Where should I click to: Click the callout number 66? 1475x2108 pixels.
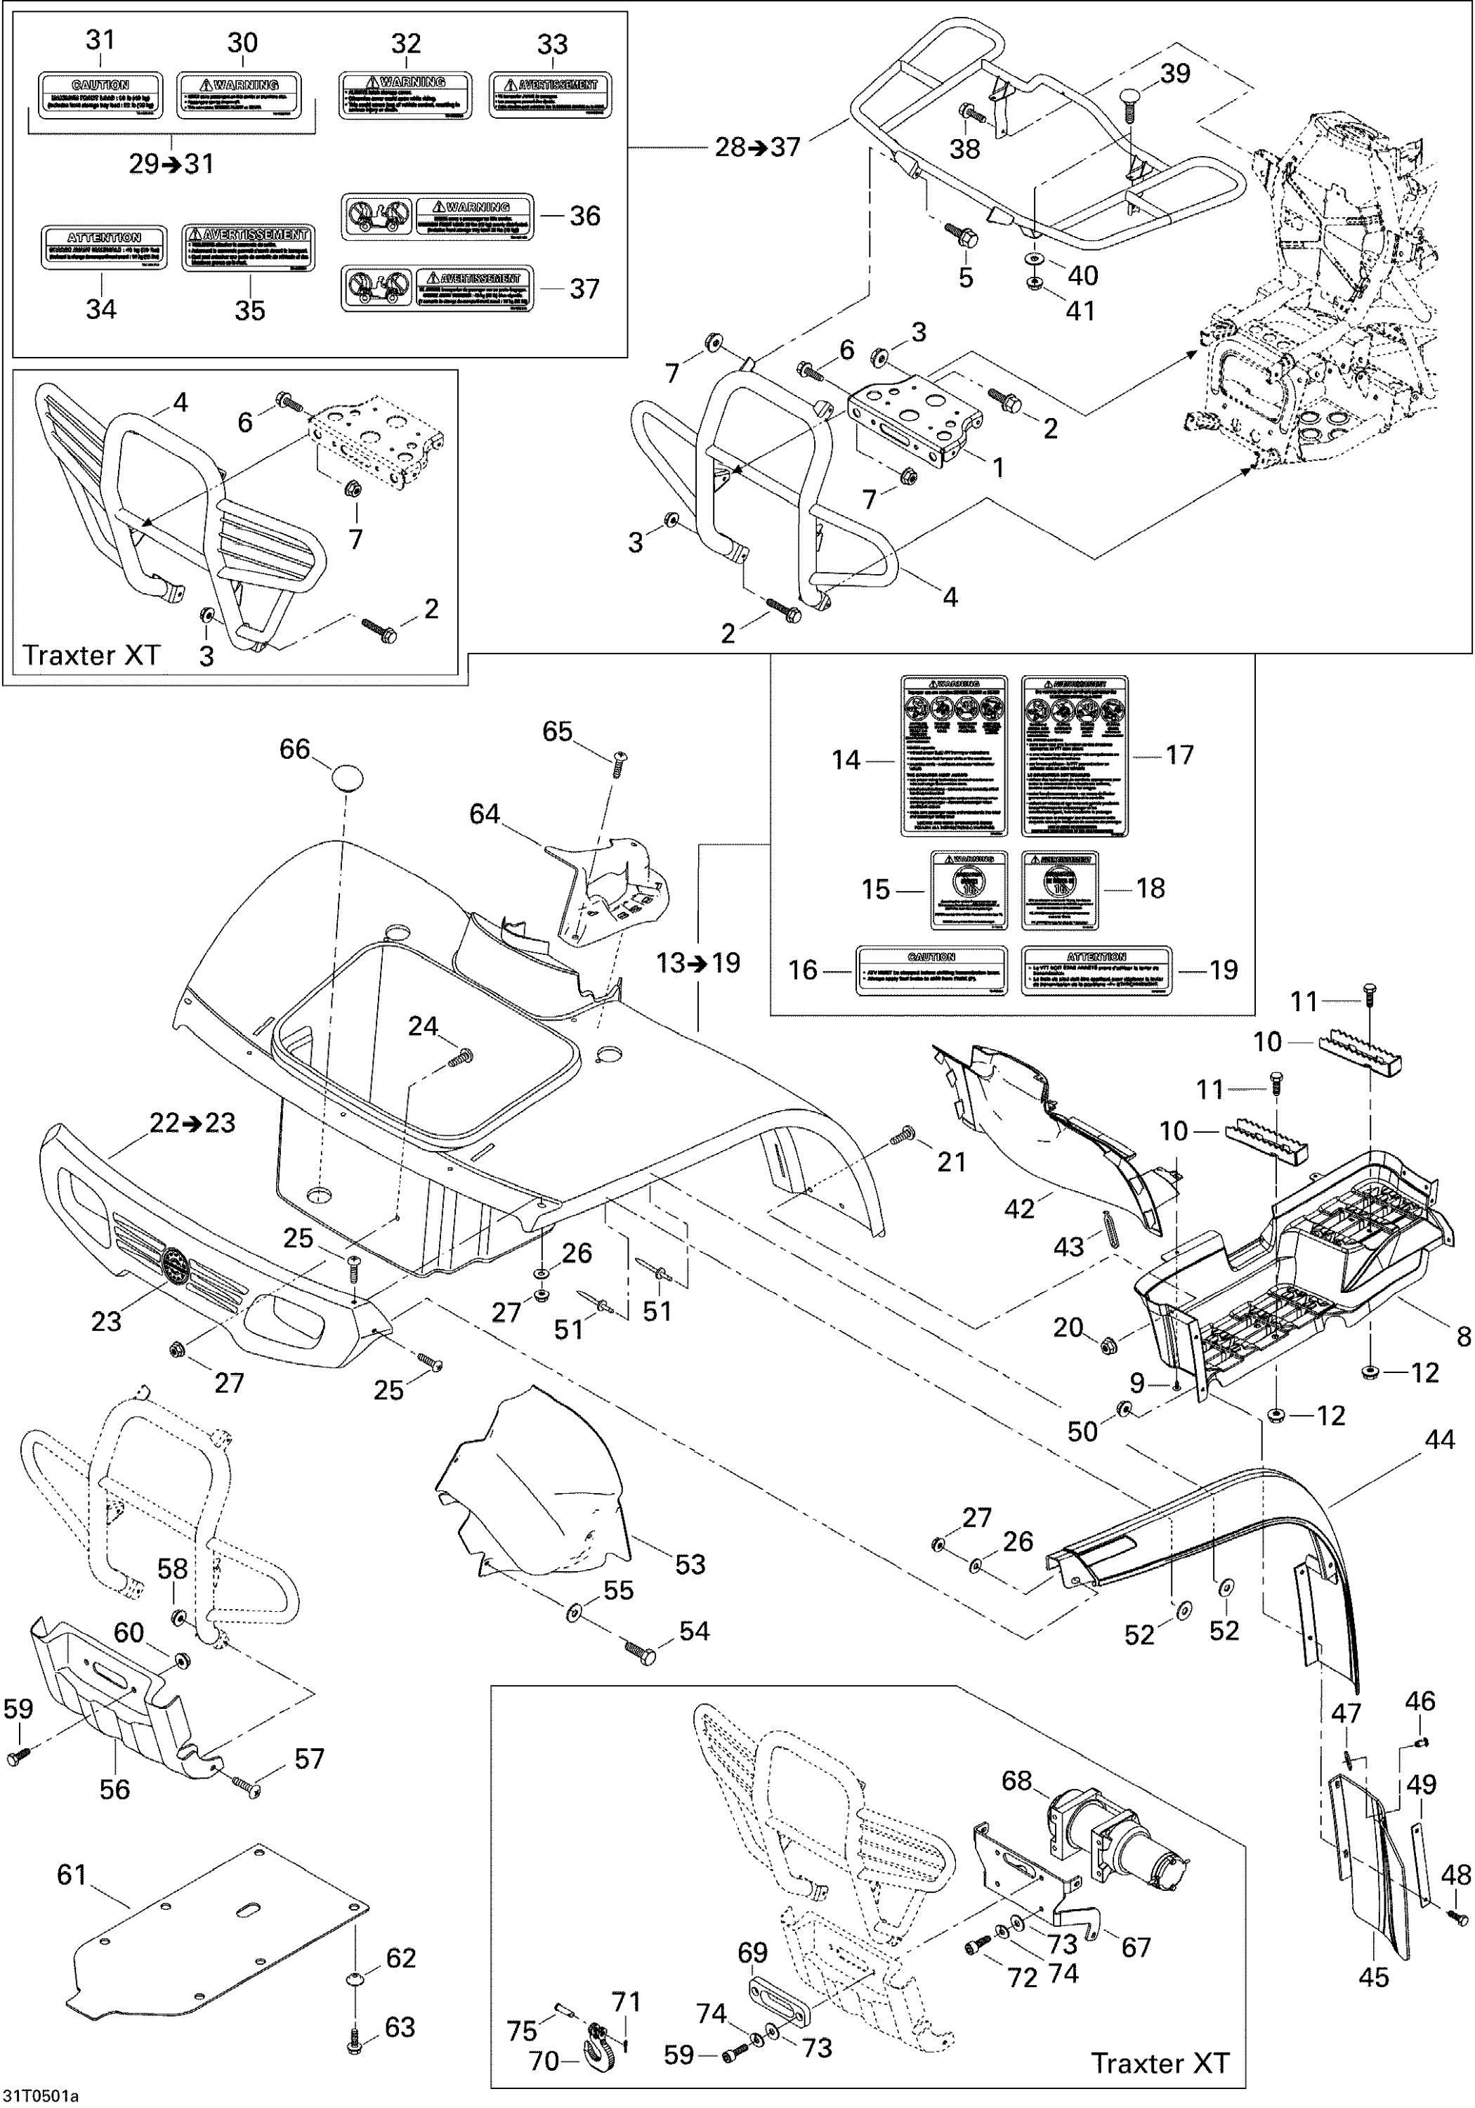[294, 749]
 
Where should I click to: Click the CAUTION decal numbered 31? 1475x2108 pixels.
[100, 96]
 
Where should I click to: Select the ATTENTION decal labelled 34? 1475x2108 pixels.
[104, 247]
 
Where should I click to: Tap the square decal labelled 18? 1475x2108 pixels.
[1060, 890]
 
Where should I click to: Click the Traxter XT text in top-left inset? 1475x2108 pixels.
[91, 655]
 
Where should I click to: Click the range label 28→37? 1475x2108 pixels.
[757, 147]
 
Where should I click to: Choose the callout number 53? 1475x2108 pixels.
[690, 1563]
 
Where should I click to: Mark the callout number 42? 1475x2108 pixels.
[1019, 1209]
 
